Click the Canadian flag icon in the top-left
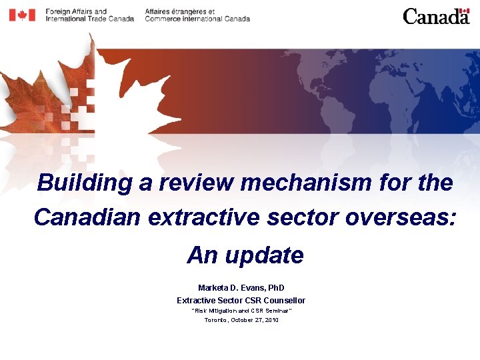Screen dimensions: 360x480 (x=22, y=15)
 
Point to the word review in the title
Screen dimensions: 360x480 (x=195, y=183)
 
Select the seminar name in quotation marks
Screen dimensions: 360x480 (x=241, y=311)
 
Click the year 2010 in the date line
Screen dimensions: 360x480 (x=271, y=320)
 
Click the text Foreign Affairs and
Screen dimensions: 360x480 (x=76, y=11)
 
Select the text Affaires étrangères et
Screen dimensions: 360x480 (x=179, y=11)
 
